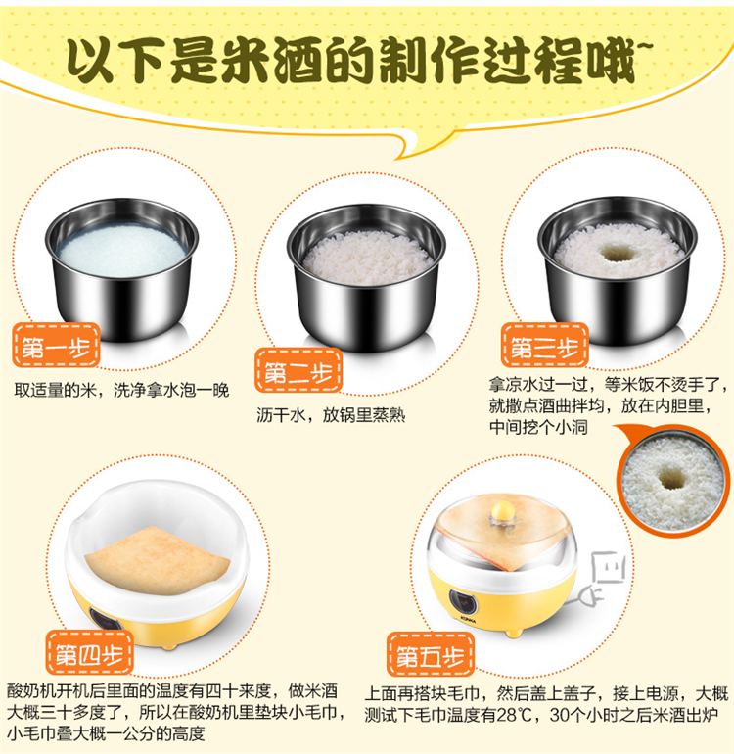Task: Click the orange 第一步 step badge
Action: click(x=56, y=346)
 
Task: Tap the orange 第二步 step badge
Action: click(x=298, y=371)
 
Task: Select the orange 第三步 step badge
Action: click(x=544, y=346)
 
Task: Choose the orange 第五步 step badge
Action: click(x=431, y=655)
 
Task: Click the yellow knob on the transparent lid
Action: click(x=503, y=511)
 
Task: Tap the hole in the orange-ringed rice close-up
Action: click(x=671, y=478)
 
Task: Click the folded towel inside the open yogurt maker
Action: click(x=158, y=560)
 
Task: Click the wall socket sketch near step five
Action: click(x=609, y=568)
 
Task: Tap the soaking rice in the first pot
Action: click(x=122, y=251)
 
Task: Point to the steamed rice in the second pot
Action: click(x=367, y=259)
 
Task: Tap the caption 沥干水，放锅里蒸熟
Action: click(x=331, y=415)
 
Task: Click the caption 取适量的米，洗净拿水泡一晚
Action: click(x=121, y=390)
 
